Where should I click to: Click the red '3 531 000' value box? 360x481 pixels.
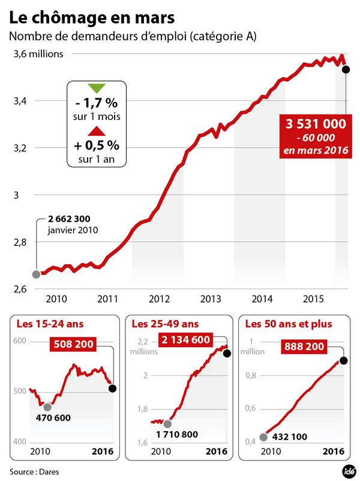click(316, 124)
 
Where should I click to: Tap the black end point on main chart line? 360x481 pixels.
click(346, 70)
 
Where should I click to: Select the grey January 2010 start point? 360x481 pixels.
click(36, 274)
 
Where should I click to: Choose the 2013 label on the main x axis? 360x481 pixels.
click(209, 298)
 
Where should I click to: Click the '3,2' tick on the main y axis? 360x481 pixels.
click(19, 148)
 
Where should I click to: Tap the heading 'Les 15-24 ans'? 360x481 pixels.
click(50, 324)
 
